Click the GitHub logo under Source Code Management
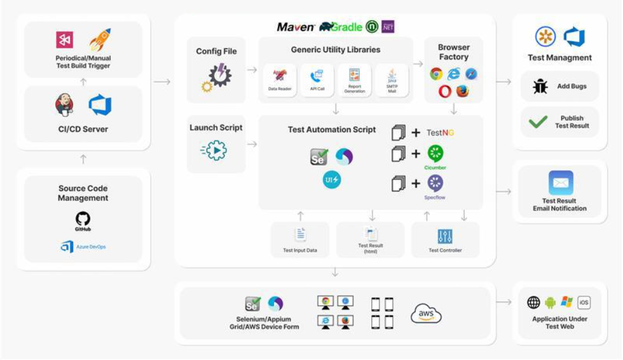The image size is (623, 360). (x=83, y=220)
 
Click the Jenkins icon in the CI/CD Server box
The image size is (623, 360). (x=64, y=106)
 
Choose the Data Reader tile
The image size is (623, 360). (x=280, y=80)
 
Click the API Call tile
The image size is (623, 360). (x=317, y=80)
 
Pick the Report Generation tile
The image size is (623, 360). (x=355, y=80)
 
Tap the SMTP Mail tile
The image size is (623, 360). (x=392, y=80)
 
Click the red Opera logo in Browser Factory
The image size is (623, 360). (x=445, y=92)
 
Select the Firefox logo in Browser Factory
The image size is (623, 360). (x=462, y=92)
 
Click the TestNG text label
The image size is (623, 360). (x=441, y=133)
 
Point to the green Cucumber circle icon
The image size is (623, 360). (x=435, y=153)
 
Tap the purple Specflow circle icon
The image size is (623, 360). (x=435, y=183)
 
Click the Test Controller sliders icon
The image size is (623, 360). (x=445, y=237)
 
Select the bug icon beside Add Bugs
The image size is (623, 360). (x=540, y=87)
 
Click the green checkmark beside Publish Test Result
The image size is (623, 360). (x=538, y=121)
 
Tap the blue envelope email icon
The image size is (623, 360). (x=560, y=183)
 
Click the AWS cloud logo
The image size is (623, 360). (x=426, y=314)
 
